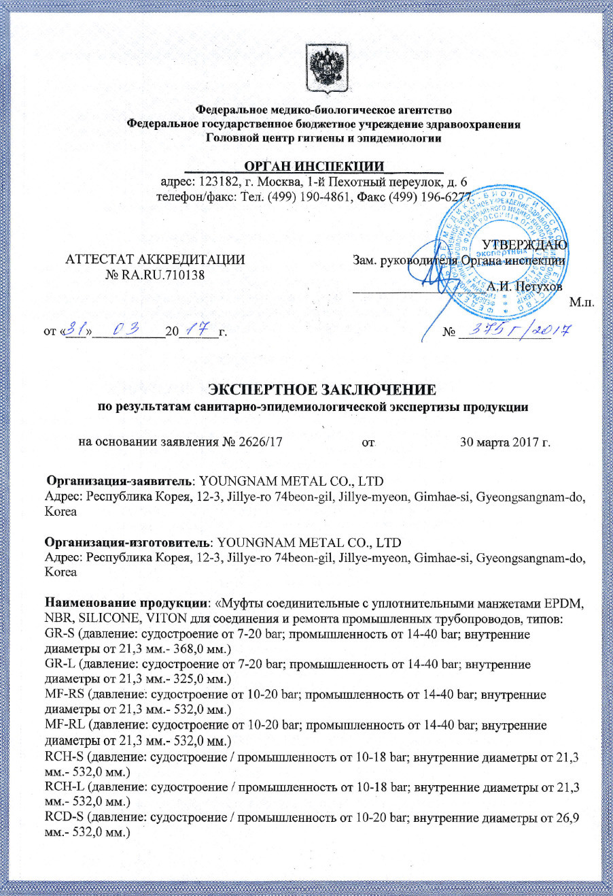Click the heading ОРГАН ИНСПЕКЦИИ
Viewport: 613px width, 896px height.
[314, 167]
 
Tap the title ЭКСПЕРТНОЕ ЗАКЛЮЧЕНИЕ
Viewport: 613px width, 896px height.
[322, 390]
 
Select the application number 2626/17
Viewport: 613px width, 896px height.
[261, 442]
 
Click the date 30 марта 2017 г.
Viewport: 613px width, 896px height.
[505, 442]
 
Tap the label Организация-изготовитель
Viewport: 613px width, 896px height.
[128, 543]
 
